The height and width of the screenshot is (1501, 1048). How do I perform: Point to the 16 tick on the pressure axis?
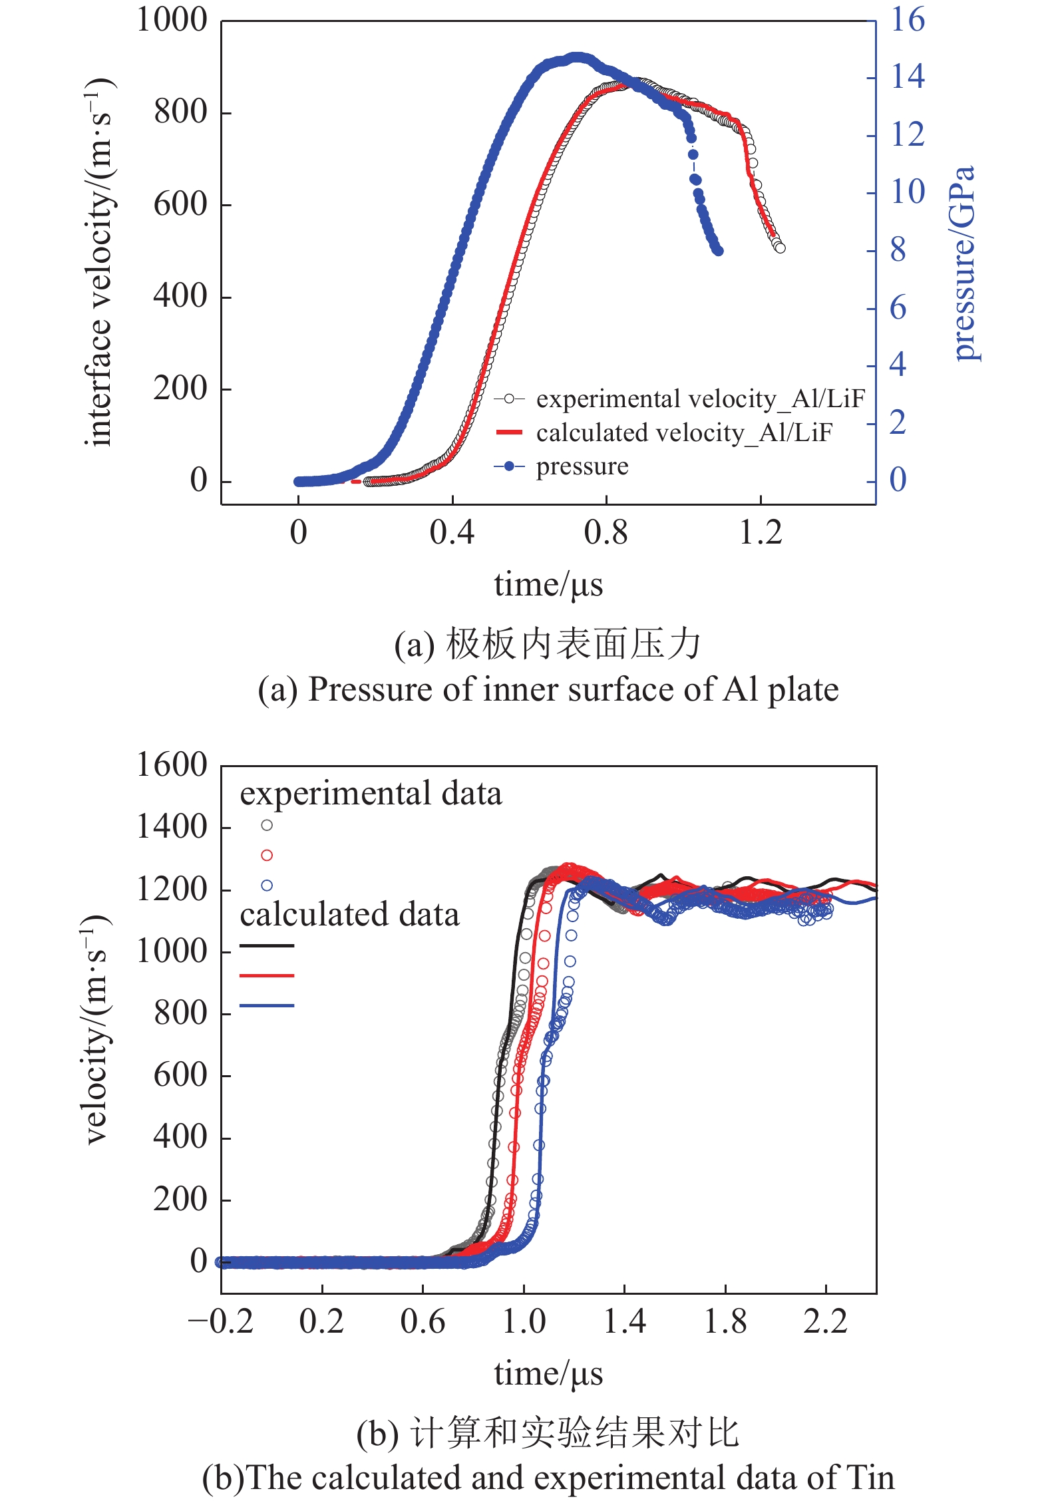908,20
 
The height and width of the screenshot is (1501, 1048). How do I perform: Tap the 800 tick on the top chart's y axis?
180,112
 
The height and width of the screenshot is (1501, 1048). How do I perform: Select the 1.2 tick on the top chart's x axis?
761,533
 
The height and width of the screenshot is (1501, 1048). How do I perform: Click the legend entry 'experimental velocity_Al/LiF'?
700,399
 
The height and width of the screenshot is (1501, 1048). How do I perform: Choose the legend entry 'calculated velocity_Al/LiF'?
684,432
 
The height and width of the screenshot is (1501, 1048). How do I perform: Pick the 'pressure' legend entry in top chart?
582,466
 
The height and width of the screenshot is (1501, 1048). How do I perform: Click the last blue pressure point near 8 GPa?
718,251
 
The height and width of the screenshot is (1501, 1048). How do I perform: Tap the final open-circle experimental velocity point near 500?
780,248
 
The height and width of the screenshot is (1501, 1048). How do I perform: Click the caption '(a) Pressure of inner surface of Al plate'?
548,689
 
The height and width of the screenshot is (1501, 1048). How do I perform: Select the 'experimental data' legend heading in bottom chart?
371,794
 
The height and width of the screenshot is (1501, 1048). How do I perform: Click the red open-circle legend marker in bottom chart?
267,855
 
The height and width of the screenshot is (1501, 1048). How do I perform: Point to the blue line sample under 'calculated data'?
267,1005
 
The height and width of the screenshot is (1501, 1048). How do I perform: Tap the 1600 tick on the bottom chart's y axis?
172,765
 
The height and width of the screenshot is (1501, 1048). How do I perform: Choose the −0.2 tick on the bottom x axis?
221,1321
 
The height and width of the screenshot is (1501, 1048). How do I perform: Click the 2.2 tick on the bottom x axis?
825,1321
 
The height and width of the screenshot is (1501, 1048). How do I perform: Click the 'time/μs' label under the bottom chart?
548,1373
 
